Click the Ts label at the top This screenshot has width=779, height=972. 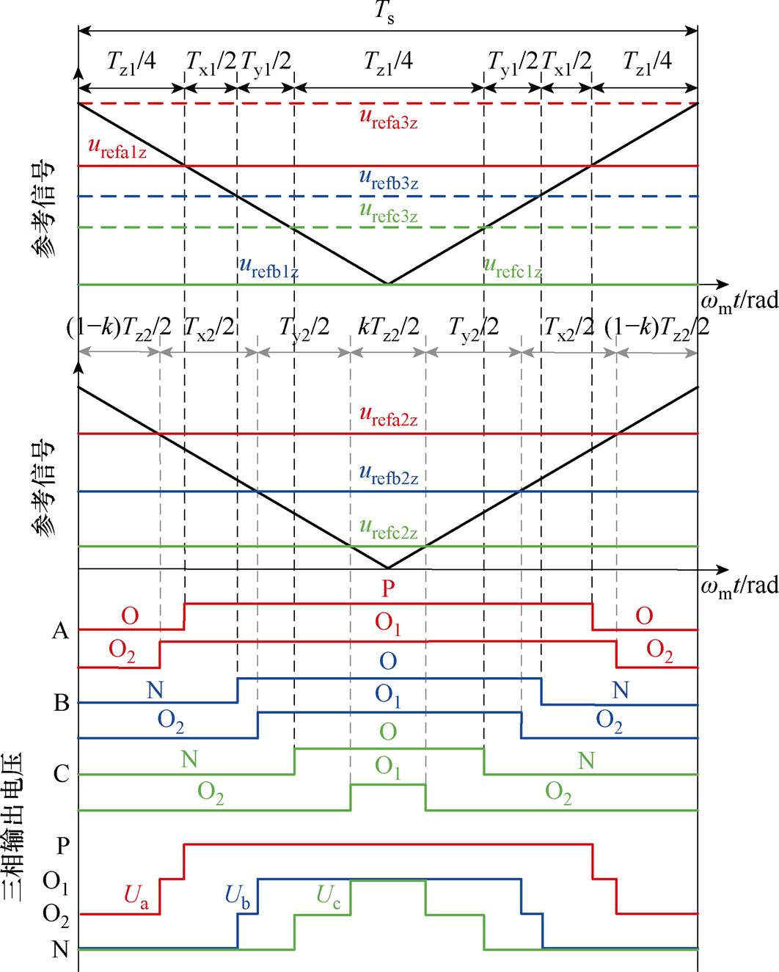[385, 12]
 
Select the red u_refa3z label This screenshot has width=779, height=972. [388, 120]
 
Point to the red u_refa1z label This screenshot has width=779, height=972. [117, 149]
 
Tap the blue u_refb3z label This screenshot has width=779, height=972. [388, 180]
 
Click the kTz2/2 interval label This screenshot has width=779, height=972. [388, 327]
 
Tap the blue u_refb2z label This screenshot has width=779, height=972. [388, 475]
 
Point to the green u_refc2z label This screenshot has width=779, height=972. [388, 530]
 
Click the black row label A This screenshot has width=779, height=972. [60, 631]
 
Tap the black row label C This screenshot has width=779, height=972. [62, 774]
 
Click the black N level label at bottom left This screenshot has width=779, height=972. [60, 949]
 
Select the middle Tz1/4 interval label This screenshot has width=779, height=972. [388, 62]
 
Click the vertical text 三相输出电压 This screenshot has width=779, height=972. [13, 826]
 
